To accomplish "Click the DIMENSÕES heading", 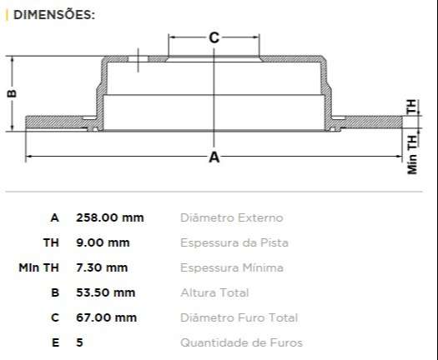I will tap(53, 14).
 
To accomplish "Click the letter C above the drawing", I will tap(214, 37).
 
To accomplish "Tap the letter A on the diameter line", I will tap(214, 157).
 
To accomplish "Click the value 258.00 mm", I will tap(109, 217).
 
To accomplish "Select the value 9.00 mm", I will tap(103, 242).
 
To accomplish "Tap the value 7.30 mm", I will tap(102, 267).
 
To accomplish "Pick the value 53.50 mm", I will tap(105, 292).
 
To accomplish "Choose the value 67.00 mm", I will tap(106, 317).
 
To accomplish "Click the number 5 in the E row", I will tap(79, 342).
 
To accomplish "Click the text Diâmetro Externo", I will tap(231, 217).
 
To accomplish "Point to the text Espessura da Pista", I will tap(234, 242).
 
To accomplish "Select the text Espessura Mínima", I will tap(231, 267).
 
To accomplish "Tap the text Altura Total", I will tap(214, 292).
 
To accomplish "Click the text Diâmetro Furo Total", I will tap(239, 317).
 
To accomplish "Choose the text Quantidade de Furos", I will tap(241, 342).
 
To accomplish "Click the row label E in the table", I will tap(55, 342).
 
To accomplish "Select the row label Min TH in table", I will tap(39, 267).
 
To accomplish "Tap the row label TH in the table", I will tap(52, 242).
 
